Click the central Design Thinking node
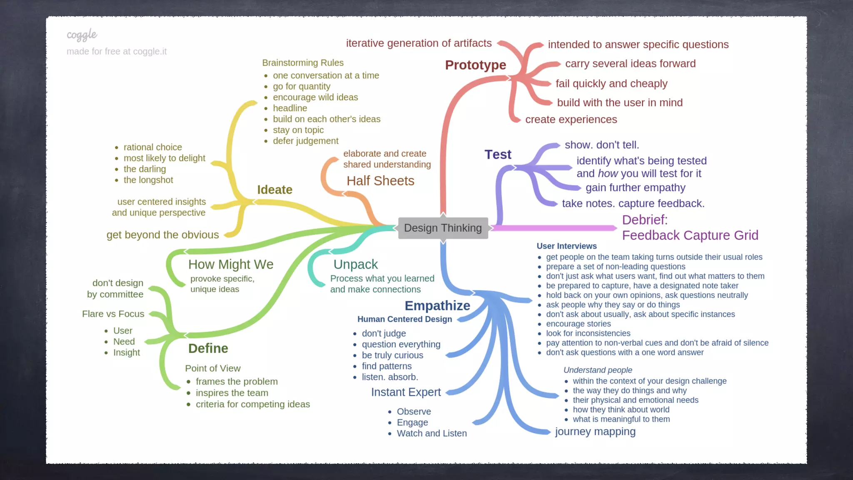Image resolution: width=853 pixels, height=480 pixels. (x=443, y=228)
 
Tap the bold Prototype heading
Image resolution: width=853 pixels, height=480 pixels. (x=475, y=65)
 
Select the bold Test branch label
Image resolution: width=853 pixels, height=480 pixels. (x=498, y=155)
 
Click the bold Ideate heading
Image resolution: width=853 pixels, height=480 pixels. (x=274, y=190)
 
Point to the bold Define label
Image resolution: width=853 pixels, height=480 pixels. (x=208, y=348)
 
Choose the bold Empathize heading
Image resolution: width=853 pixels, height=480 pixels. (x=437, y=305)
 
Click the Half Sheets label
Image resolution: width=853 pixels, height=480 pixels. (x=380, y=181)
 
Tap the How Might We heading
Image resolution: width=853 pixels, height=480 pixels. (x=231, y=264)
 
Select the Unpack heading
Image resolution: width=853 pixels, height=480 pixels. (x=356, y=264)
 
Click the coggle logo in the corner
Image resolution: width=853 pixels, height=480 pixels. (x=82, y=35)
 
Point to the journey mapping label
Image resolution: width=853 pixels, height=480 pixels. (x=595, y=431)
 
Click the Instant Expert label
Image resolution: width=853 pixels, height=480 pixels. (x=406, y=392)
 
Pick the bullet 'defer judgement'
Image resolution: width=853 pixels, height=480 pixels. (x=305, y=141)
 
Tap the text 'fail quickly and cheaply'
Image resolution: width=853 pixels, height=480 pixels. (x=611, y=83)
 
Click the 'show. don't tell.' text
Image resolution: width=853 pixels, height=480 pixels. (x=601, y=145)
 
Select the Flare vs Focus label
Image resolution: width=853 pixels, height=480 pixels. (x=113, y=314)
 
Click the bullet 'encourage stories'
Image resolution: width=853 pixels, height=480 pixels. (x=578, y=324)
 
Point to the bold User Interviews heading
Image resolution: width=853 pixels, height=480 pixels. (x=566, y=246)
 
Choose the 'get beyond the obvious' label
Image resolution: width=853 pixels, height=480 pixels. (x=162, y=235)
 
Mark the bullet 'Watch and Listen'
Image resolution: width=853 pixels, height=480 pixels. (x=431, y=433)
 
